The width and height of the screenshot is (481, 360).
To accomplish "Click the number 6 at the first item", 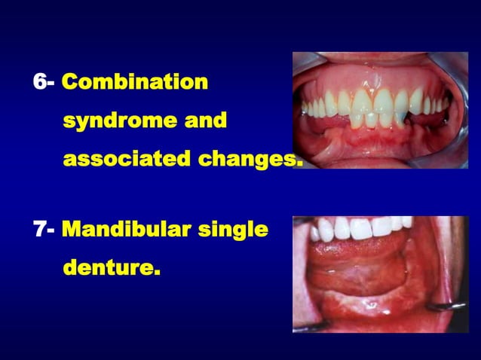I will click(x=39, y=81).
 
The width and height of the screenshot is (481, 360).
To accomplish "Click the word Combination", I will click(x=135, y=81).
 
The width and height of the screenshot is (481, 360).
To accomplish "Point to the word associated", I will click(x=125, y=160).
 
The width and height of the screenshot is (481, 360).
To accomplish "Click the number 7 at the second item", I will click(x=39, y=229).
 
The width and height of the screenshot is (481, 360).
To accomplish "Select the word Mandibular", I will click(x=126, y=229).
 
